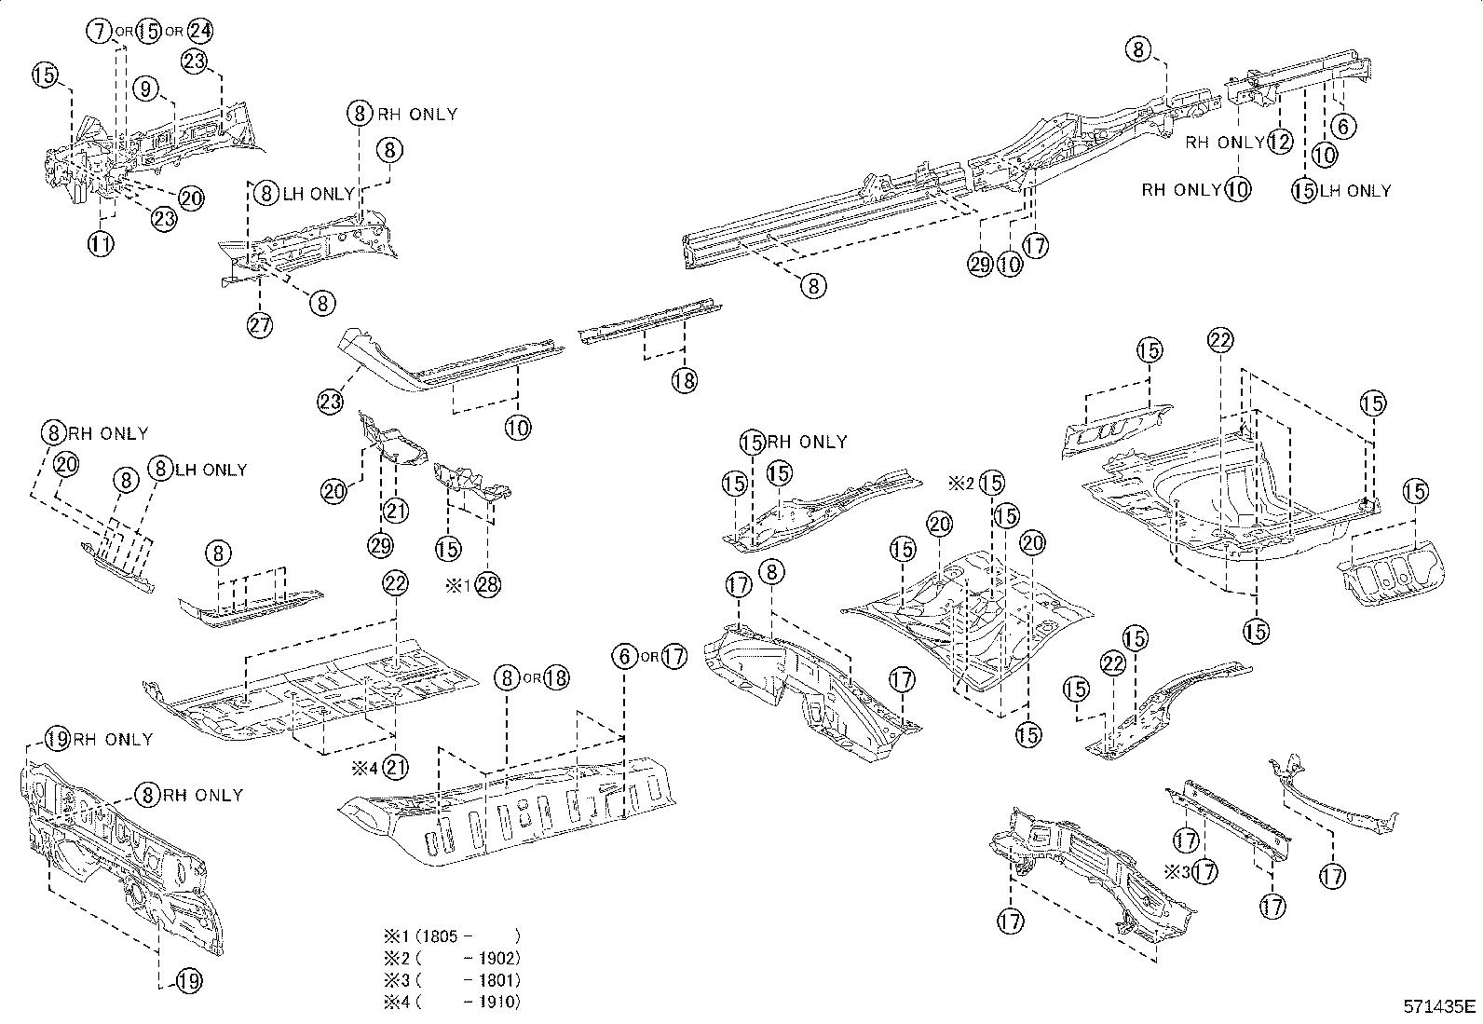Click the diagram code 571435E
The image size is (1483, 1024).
pos(1440,1006)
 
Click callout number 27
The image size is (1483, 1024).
pos(260,325)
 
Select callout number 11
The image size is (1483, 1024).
pos(101,244)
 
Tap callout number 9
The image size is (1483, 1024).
pos(146,89)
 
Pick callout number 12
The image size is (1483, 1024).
pos(1280,142)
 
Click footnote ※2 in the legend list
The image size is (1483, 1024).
pos(391,958)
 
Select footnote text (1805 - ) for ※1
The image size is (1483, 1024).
pos(466,935)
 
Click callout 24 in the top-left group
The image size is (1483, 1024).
pos(199,31)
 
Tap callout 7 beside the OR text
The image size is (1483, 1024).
pos(101,31)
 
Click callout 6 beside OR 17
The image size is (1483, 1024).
pos(624,656)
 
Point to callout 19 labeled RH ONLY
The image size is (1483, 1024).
pos(58,739)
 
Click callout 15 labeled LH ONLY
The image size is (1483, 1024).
pos(1304,190)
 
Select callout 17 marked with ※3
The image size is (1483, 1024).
pos(1204,872)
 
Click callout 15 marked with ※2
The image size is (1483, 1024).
pos(992,483)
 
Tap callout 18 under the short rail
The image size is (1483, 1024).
pos(685,380)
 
